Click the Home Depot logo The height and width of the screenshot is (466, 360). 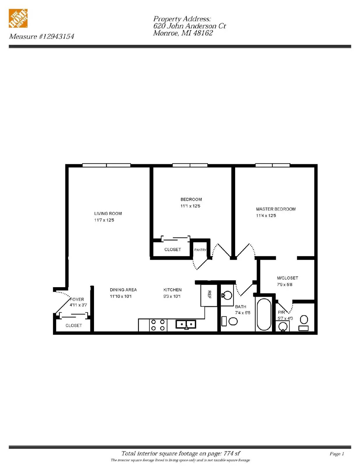(18, 18)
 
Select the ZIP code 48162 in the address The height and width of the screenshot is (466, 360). (203, 33)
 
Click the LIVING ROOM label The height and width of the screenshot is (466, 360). (108, 213)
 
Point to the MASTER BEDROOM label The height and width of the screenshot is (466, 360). (276, 209)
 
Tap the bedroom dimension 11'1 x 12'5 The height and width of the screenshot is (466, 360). (190, 206)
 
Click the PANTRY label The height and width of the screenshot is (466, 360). (200, 250)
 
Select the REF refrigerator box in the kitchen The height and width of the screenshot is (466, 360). (209, 295)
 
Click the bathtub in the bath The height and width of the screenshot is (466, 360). (264, 314)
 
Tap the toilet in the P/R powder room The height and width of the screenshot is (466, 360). (304, 322)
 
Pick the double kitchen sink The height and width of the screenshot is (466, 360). (186, 324)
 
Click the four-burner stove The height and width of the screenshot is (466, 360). (158, 325)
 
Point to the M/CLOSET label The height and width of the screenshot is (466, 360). (287, 278)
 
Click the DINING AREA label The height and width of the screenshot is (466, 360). (123, 290)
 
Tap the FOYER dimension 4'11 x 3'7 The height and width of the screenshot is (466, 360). (78, 305)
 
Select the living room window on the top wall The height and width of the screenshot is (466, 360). (106, 165)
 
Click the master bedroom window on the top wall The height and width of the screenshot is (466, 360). (272, 165)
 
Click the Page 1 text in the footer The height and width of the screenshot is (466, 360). (337, 454)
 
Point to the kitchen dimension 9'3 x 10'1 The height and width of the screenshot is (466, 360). (172, 296)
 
